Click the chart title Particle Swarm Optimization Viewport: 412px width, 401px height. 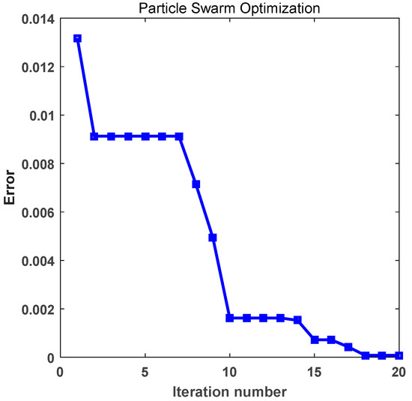[231, 8]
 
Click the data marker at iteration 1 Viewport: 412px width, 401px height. [77, 38]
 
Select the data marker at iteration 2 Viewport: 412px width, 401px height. [94, 136]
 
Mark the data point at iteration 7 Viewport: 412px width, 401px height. [179, 136]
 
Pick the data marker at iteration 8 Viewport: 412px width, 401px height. [196, 184]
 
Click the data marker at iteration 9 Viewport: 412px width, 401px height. [213, 238]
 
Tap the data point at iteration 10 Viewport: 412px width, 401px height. [230, 318]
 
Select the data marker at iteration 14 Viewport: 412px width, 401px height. [297, 319]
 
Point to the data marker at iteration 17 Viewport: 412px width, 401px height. [348, 347]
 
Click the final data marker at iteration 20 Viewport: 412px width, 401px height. [399, 355]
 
